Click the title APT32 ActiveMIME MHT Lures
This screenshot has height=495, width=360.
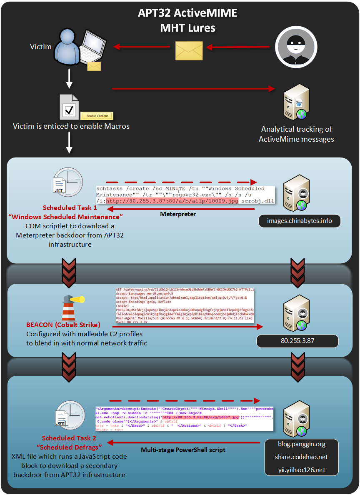coord(187,20)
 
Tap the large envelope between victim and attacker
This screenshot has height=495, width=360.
coord(189,50)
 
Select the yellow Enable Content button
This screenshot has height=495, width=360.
coord(97,116)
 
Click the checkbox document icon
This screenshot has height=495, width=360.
coord(69,107)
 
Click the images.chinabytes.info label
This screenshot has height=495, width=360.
coord(300,220)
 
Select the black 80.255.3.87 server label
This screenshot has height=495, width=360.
coord(297,340)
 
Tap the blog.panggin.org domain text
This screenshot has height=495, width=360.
coord(302,444)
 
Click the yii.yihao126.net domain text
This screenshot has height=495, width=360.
coord(302,470)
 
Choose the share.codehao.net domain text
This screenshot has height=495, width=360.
coord(302,457)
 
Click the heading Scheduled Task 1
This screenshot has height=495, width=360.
coord(70,207)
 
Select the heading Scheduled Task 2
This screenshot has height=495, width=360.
coord(69,438)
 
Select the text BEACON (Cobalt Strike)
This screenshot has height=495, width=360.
coord(63,325)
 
